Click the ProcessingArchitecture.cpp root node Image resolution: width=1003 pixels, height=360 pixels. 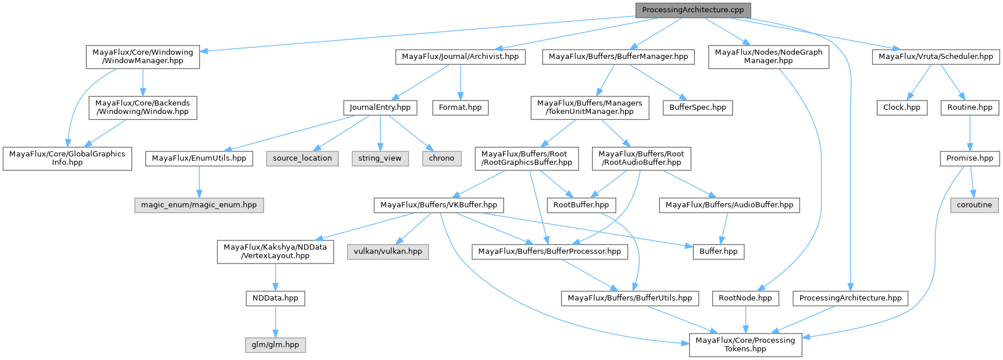693,10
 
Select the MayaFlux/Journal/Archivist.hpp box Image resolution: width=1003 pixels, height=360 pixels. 460,57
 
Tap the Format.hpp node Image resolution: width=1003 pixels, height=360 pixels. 460,107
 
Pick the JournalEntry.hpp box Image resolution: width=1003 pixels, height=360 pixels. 380,107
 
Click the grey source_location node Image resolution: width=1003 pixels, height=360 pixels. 302,158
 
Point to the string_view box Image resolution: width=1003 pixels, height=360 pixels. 380,158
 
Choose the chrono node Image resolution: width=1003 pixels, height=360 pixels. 442,158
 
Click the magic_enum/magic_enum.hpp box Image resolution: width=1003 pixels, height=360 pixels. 199,205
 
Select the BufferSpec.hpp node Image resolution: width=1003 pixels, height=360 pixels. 698,107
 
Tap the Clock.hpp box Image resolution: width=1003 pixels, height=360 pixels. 902,107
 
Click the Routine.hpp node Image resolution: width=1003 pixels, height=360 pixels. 969,107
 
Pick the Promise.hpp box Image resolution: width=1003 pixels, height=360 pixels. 969,158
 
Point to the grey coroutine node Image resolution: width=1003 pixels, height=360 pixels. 974,205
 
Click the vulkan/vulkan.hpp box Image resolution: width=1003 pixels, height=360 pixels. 388,252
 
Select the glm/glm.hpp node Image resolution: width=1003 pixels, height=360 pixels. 275,345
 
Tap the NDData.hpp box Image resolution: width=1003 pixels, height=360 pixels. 275,298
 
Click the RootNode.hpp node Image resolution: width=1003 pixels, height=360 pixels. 745,298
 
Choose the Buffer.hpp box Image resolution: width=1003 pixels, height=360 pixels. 719,252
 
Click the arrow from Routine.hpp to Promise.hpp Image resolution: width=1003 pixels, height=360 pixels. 969,133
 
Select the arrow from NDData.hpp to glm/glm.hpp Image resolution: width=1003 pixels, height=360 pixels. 275,321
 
